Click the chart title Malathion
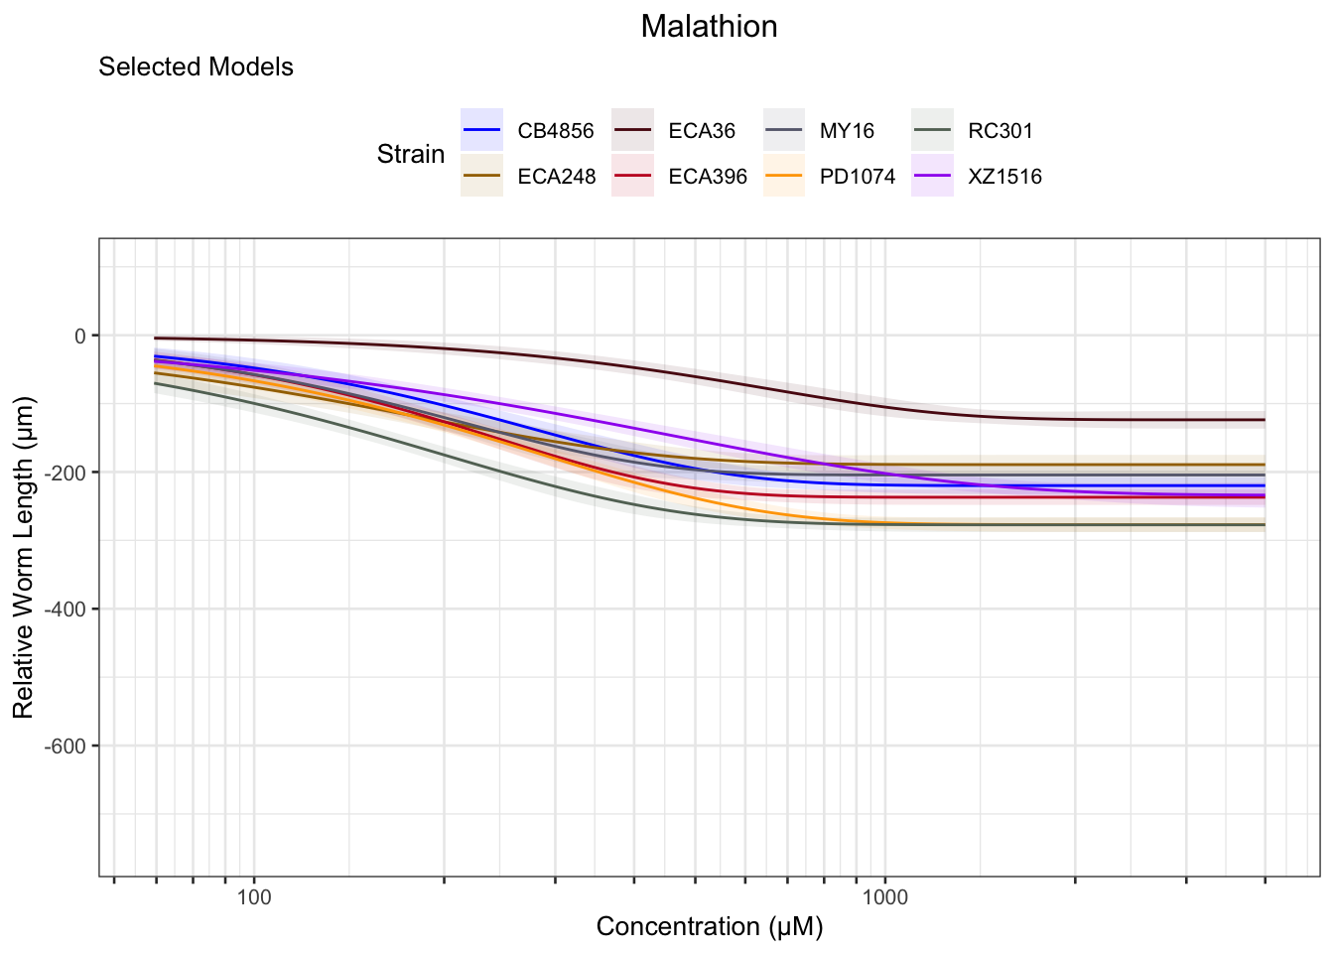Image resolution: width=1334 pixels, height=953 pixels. pos(709,27)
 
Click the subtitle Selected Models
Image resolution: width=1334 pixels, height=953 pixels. pos(196,68)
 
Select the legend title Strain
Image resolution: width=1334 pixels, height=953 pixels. pos(410,154)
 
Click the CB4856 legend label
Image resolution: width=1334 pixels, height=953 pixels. pos(556,131)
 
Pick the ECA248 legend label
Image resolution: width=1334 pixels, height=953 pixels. pos(557,177)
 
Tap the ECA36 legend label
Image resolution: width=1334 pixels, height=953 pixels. pos(702,131)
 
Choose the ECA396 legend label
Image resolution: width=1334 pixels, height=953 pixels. pos(708,177)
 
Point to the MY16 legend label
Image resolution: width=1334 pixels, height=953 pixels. pos(847,131)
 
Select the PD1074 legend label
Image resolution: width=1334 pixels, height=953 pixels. pos(858,177)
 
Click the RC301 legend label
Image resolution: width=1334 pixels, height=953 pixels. pos(1000,131)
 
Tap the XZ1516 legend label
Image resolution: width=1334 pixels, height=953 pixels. pos(1005,177)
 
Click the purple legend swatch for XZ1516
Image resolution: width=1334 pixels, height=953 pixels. pos(933,176)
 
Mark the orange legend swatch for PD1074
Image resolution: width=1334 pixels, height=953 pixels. pos(784,176)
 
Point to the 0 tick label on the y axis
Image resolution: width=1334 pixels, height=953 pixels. pos(80,336)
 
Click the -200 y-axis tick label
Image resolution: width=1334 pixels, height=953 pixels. pos(67,473)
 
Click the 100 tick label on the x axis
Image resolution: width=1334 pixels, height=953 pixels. pos(254,897)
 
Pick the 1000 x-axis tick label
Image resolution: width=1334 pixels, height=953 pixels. pos(885,897)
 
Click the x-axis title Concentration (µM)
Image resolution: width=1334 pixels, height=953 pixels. pos(709,927)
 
